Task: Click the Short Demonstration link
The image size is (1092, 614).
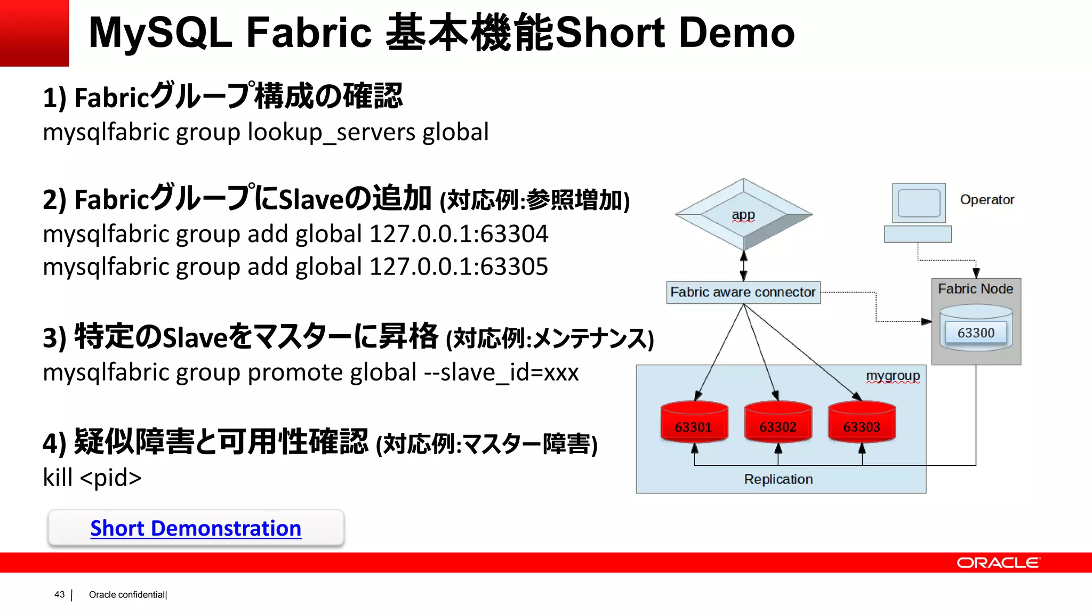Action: [x=196, y=528]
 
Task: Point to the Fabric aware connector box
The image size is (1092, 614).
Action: [x=743, y=292]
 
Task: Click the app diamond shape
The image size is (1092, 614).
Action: [x=743, y=214]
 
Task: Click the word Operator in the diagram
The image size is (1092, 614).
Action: [x=987, y=200]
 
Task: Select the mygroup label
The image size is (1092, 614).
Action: [x=893, y=376]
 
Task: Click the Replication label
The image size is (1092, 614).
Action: [x=778, y=479]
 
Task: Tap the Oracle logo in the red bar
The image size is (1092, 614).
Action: [x=998, y=563]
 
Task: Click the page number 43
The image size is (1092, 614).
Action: [x=59, y=594]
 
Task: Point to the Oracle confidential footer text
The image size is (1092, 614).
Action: [x=127, y=595]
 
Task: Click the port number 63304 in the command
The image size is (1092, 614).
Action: [x=514, y=234]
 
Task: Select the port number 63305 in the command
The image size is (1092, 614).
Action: [x=514, y=266]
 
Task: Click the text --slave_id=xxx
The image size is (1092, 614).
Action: [x=501, y=372]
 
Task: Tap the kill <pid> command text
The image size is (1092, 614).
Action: [x=92, y=478]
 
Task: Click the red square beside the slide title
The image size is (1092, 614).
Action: [x=34, y=33]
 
